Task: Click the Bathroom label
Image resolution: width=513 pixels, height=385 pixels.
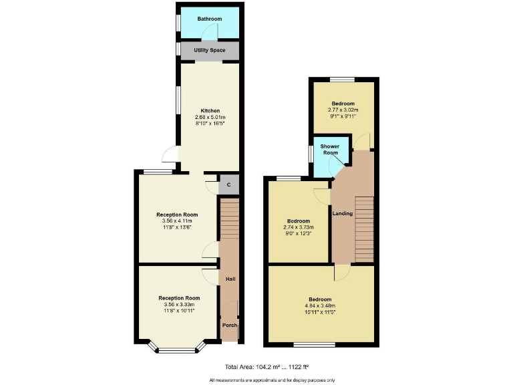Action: point(209,19)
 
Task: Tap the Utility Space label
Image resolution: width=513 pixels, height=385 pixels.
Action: point(209,51)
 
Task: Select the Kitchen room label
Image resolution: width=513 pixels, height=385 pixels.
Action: point(210,111)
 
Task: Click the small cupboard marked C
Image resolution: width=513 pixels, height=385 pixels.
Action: point(229,184)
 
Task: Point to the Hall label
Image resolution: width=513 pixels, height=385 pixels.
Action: point(230,279)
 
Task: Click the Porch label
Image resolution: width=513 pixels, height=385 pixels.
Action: point(229,326)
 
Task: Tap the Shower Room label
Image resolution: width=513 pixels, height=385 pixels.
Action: point(329,149)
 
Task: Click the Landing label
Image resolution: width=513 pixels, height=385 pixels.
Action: point(343,214)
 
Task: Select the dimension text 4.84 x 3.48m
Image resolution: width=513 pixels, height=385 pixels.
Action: point(320,307)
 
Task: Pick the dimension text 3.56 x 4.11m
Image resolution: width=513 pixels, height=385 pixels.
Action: point(178,221)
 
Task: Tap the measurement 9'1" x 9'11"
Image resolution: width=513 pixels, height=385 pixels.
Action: point(343,116)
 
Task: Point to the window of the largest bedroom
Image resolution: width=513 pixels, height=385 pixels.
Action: point(315,345)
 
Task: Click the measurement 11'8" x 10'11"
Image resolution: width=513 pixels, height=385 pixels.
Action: point(179,311)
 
